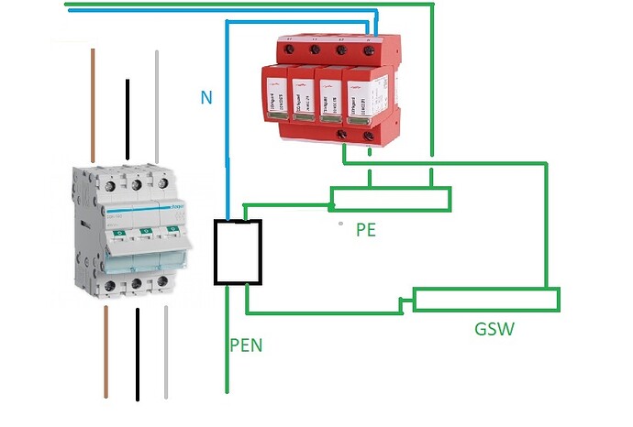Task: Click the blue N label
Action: click(206, 95)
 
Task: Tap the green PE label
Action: click(366, 230)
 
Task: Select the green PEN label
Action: click(246, 346)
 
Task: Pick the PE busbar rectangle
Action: click(391, 199)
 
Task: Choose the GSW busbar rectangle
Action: click(486, 300)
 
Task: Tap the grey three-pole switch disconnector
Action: click(133, 234)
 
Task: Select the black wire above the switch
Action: click(128, 115)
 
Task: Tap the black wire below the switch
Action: click(138, 353)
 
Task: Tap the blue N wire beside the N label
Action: click(227, 119)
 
